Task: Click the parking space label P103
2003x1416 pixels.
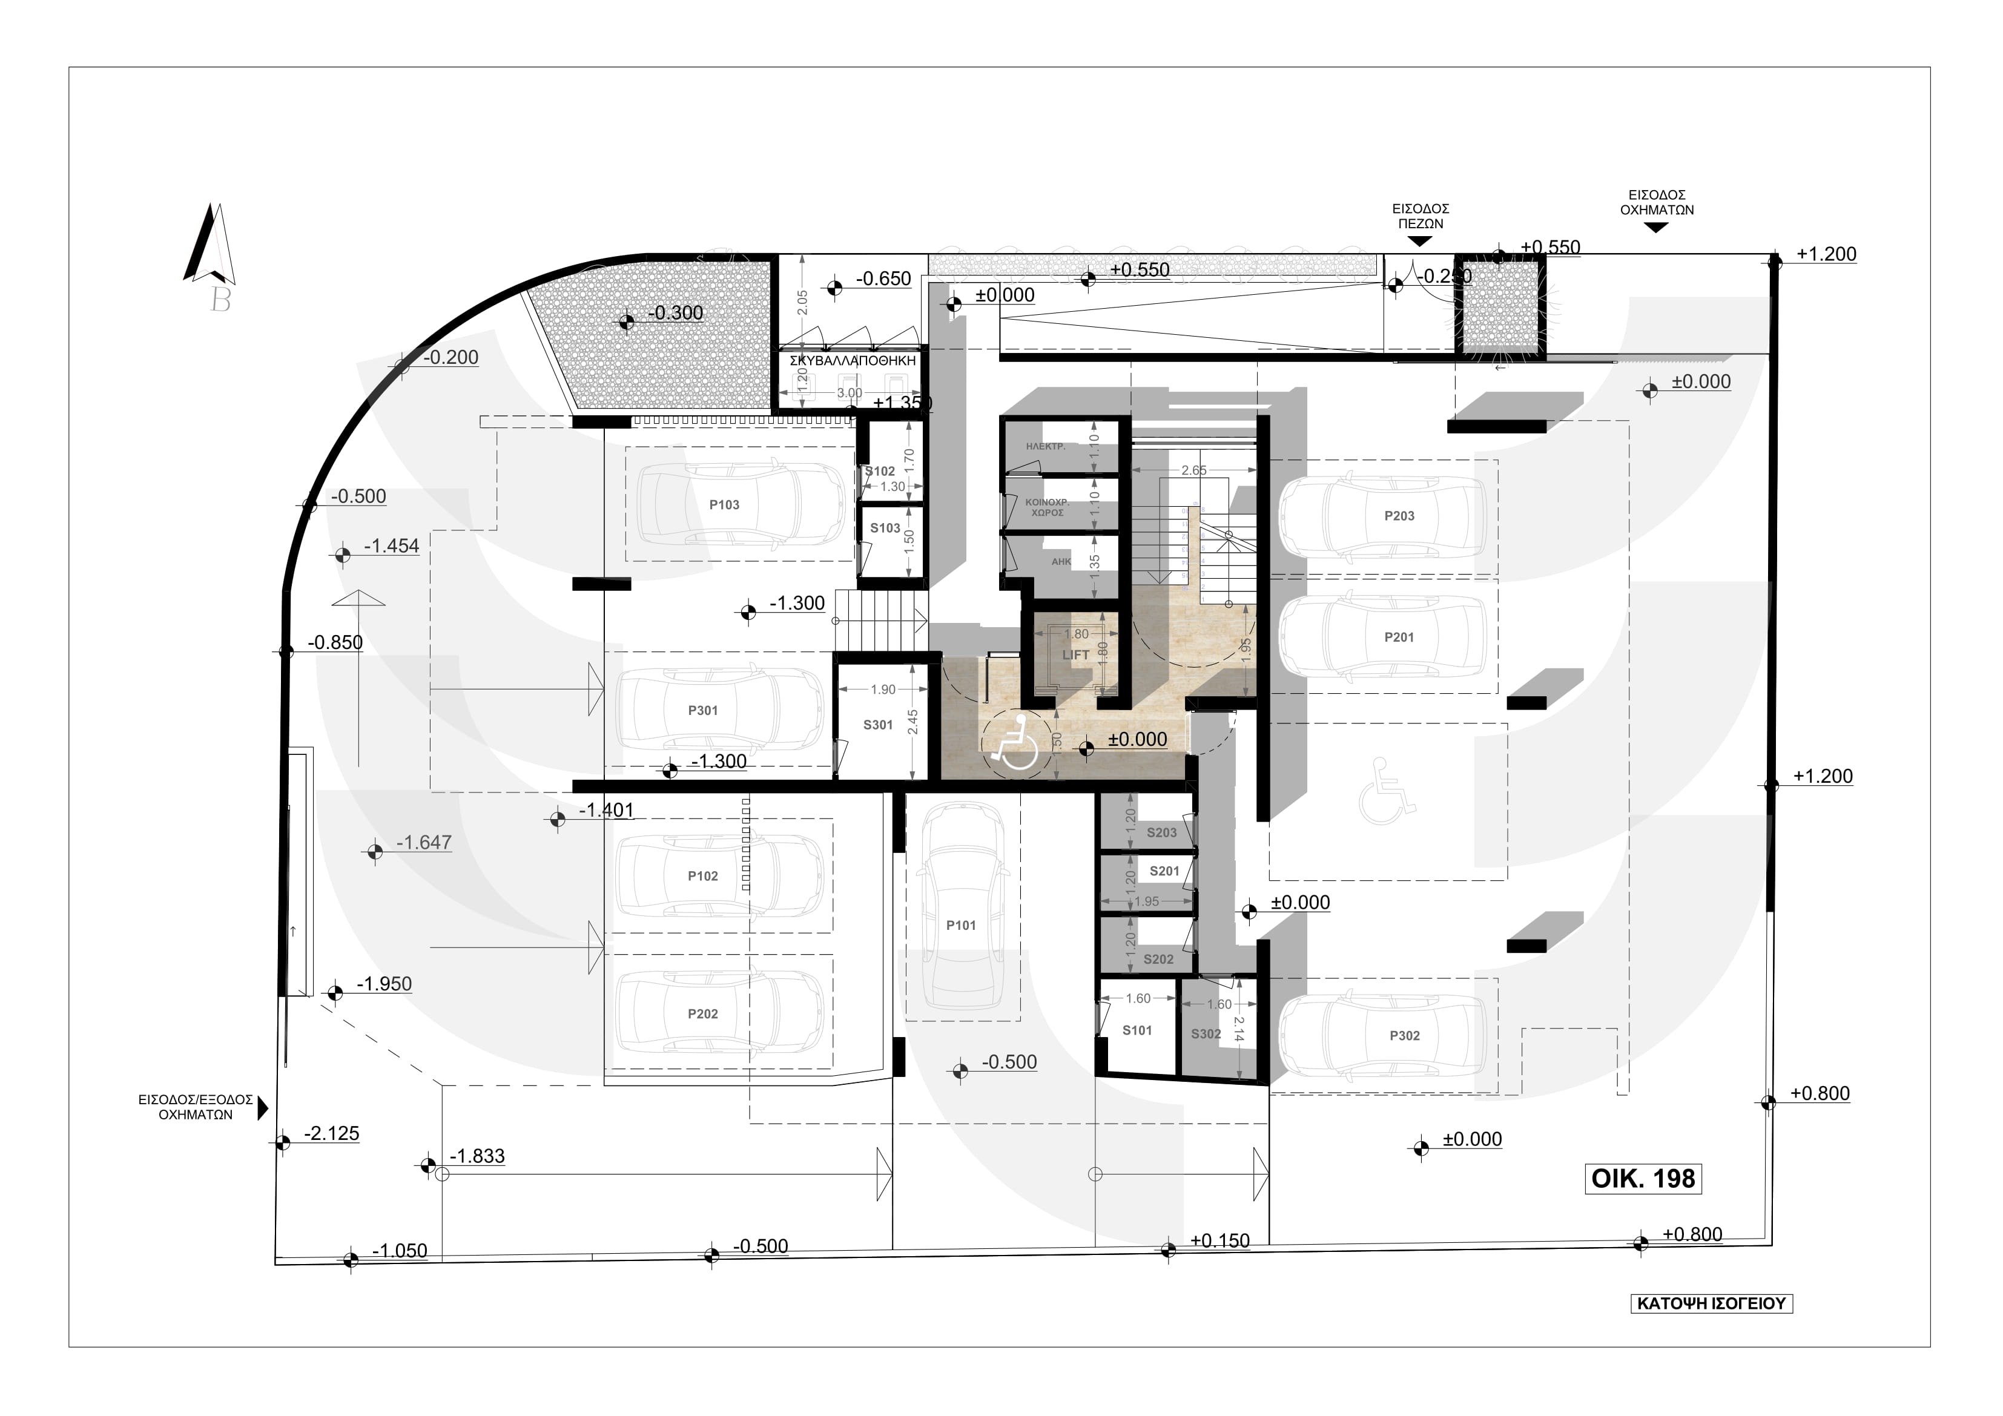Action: click(x=724, y=505)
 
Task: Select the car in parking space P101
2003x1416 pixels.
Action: click(x=962, y=907)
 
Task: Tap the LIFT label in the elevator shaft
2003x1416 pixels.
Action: click(x=1075, y=655)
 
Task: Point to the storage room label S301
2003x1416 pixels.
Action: click(x=877, y=725)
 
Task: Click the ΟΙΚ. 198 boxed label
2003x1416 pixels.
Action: click(x=1643, y=1179)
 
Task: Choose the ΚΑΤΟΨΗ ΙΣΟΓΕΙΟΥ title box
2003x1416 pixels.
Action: click(x=1712, y=1303)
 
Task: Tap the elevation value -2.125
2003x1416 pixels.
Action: click(x=331, y=1133)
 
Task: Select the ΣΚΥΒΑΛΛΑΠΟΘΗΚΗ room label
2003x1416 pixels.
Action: click(x=853, y=360)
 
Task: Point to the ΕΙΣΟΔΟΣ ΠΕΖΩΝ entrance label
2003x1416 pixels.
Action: click(x=1421, y=216)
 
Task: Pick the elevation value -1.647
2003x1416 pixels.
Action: click(x=424, y=843)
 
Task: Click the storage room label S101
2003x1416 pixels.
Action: click(x=1137, y=1030)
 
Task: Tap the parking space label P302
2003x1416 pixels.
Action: click(x=1405, y=1036)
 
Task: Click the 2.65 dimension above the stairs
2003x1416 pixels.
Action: click(x=1193, y=470)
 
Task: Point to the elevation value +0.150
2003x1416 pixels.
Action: click(x=1219, y=1240)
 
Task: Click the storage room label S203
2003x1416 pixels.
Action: click(x=1161, y=833)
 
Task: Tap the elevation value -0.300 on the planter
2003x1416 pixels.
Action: click(x=678, y=313)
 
